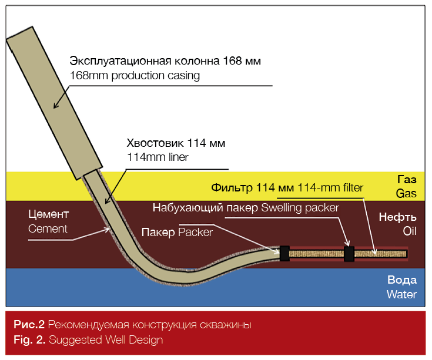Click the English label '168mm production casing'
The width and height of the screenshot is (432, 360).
point(135,76)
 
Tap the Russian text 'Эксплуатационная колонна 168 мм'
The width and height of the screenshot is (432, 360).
point(165,61)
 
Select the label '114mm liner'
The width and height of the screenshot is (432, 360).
point(155,157)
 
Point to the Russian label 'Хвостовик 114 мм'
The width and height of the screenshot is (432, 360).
point(176,143)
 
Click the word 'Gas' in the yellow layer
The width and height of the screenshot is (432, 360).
point(406,193)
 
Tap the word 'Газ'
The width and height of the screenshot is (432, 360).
point(406,180)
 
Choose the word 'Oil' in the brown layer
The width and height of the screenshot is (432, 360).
point(409,231)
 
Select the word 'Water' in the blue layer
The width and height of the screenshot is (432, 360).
point(401,294)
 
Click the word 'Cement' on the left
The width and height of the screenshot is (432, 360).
point(48,228)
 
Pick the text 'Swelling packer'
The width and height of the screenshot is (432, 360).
point(300,207)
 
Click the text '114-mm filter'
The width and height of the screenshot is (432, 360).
point(330,188)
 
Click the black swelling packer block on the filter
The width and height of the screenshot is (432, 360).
point(349,254)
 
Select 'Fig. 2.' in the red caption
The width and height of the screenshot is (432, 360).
point(30,339)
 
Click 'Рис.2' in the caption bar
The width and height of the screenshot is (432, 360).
point(29,325)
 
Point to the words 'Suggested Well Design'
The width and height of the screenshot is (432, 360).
point(106,339)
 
